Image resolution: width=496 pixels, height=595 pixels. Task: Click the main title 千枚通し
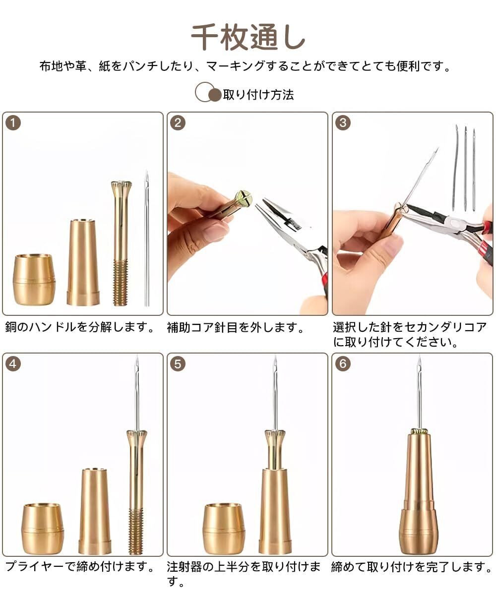point(248,37)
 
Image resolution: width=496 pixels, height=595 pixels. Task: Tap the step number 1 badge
point(13,123)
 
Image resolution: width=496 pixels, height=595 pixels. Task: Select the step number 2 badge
point(178,123)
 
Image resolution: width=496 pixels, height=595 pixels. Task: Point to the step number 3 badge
point(343,123)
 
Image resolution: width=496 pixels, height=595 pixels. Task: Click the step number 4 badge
point(13,363)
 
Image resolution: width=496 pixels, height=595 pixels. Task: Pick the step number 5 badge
point(178,363)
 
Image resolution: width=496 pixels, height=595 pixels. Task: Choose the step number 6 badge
point(343,363)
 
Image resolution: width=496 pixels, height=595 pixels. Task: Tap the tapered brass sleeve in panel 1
point(83,262)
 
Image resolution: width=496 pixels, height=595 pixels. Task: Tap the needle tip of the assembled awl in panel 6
point(419,355)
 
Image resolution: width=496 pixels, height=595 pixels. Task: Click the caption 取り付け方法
point(258,95)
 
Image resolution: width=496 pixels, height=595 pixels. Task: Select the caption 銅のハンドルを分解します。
point(80,327)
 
